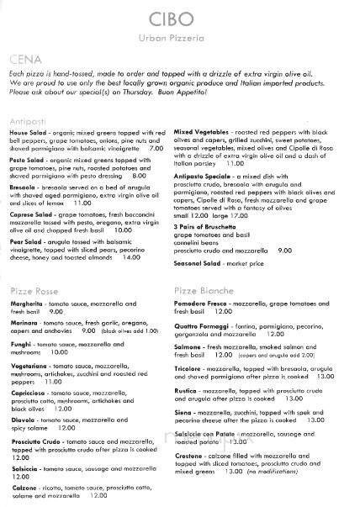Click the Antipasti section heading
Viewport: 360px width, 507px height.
26,114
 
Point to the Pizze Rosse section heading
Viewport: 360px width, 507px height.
31,288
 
